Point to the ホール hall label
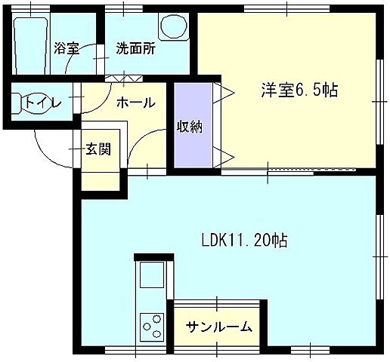(136, 103)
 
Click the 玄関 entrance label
(97, 149)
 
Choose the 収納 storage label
(190, 127)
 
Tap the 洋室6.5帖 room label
(299, 90)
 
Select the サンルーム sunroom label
(219, 328)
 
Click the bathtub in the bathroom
(30, 45)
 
